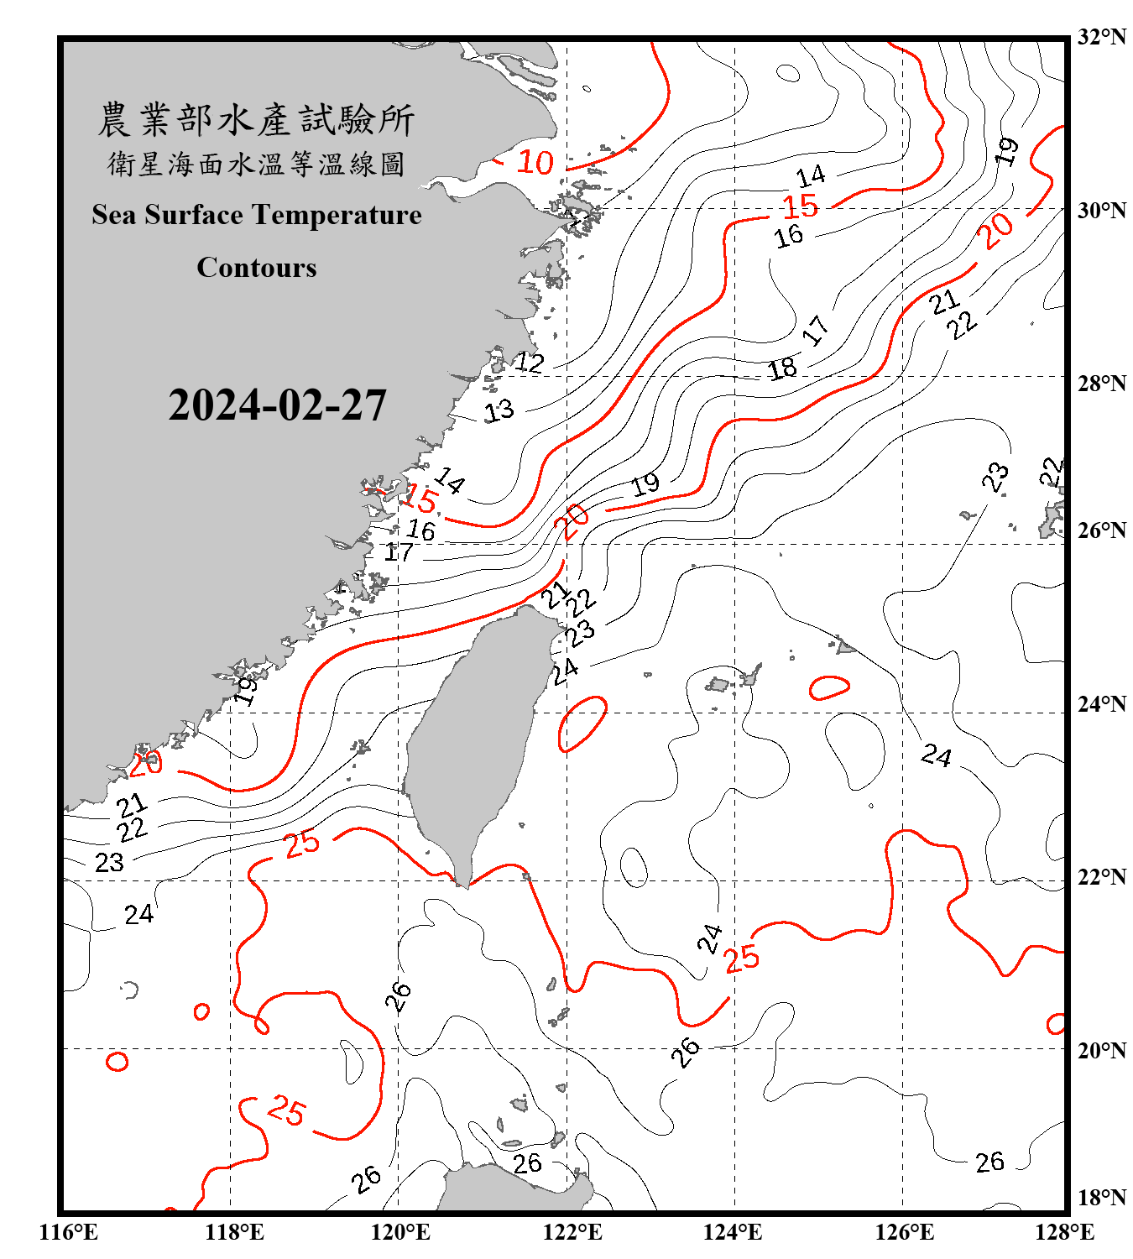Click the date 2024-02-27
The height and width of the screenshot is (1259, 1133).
click(277, 405)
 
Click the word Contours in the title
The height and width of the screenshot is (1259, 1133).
click(257, 268)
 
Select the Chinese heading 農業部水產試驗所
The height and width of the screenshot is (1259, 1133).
click(256, 120)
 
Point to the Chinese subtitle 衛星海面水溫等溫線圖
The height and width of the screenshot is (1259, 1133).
click(256, 164)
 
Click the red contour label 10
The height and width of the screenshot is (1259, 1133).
click(535, 162)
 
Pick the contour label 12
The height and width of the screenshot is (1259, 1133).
click(530, 363)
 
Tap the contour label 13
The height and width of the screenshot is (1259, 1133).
click(499, 410)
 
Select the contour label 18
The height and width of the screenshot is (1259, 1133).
click(782, 368)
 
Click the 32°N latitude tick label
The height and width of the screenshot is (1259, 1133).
click(1102, 37)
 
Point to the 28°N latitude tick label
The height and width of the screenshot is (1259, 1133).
click(1102, 384)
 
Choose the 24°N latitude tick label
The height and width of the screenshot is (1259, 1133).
click(1102, 704)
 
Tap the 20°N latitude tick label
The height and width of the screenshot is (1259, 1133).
click(1102, 1050)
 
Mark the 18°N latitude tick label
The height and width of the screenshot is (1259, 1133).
click(1102, 1198)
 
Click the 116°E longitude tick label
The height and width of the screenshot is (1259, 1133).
click(69, 1232)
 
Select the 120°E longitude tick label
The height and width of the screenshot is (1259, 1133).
click(400, 1232)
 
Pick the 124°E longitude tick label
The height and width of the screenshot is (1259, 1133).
click(733, 1232)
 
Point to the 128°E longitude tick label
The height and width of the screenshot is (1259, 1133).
click(1064, 1232)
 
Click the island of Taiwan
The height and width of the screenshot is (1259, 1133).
click(474, 739)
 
